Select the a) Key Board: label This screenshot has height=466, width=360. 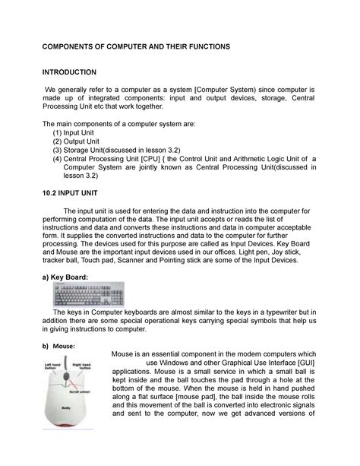click(68, 277)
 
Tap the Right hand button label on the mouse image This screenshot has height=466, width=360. click(82, 367)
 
